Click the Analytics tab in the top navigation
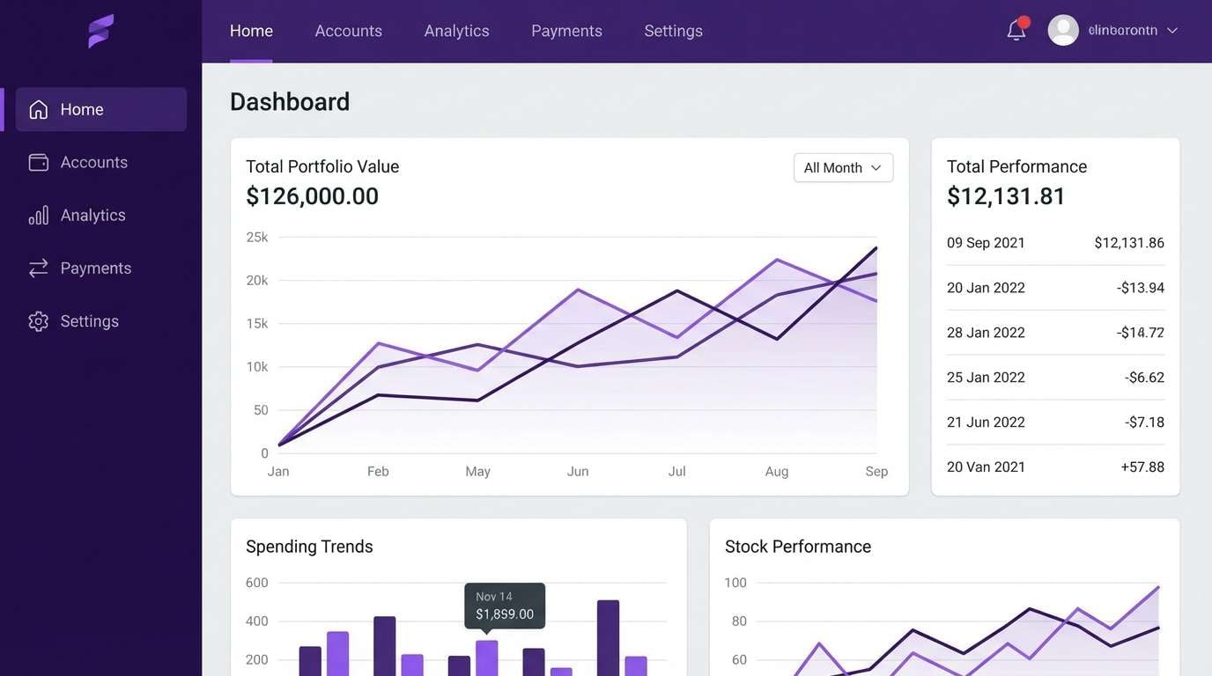click(456, 31)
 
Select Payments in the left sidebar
click(95, 268)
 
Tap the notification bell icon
click(1016, 31)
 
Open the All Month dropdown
click(843, 168)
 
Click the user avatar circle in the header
click(1063, 31)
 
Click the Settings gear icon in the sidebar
click(38, 321)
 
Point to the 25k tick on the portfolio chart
click(257, 237)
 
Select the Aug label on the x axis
click(776, 472)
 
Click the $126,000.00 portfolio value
click(312, 196)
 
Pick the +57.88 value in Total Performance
click(1142, 467)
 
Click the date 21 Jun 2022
click(986, 422)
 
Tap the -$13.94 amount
click(1141, 288)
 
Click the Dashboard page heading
click(290, 102)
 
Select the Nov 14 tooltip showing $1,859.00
click(505, 606)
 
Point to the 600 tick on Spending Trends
click(257, 583)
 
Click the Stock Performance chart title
click(797, 547)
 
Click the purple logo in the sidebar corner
click(101, 31)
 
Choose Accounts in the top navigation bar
click(348, 31)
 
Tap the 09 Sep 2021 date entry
click(986, 243)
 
